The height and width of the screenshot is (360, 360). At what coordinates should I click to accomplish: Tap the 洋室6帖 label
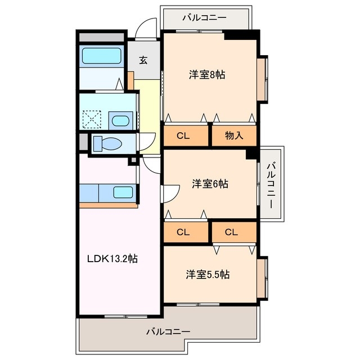(x=209, y=183)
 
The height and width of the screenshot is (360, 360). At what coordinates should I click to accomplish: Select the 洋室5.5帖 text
(x=208, y=274)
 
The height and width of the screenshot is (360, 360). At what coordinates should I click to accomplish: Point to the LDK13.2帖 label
(x=112, y=259)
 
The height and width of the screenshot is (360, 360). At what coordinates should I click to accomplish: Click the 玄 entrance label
(x=143, y=60)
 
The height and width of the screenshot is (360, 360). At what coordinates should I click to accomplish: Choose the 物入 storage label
(x=233, y=136)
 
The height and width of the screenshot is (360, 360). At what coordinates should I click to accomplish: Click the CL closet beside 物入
(x=183, y=136)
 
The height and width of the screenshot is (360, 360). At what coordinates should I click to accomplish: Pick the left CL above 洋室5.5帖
(x=183, y=231)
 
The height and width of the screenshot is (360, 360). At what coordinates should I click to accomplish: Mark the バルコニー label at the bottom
(x=168, y=331)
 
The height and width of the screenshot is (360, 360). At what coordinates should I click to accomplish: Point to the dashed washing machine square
(x=91, y=120)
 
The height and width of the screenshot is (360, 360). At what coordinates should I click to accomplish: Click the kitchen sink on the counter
(x=123, y=192)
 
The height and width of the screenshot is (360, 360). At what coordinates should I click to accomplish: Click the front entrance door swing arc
(x=147, y=27)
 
